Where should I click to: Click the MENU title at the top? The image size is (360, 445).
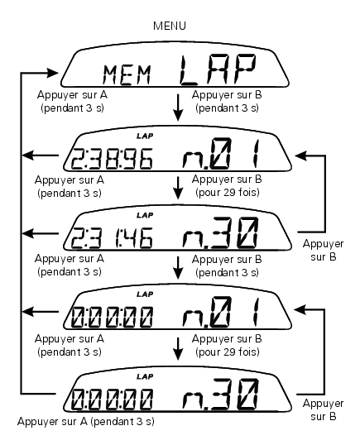[170, 26]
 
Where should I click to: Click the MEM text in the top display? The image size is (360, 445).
[127, 74]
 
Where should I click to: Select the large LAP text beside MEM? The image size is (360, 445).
[218, 70]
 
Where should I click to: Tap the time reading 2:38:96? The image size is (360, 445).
[112, 158]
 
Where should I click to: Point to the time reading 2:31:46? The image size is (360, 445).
[112, 238]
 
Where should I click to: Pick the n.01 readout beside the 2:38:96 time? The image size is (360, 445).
[221, 154]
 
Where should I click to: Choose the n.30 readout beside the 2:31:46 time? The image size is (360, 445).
[221, 232]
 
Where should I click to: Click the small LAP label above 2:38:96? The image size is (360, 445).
[145, 136]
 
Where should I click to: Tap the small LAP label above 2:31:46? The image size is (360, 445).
[145, 215]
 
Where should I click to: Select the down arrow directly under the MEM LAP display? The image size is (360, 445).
[178, 108]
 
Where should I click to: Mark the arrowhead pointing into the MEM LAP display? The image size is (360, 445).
[52, 73]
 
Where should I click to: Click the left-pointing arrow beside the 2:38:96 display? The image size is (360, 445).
[41, 156]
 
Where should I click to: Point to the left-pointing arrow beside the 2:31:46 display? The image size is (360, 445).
[41, 234]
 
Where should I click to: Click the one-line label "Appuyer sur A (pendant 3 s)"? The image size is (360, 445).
[86, 422]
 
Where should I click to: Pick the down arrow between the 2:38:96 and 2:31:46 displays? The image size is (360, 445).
[178, 188]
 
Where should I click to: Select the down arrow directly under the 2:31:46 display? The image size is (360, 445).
[178, 268]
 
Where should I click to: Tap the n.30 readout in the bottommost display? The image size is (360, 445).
[221, 395]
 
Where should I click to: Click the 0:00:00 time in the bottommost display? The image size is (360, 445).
[112, 400]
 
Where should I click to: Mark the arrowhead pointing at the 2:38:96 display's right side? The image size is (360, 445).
[301, 156]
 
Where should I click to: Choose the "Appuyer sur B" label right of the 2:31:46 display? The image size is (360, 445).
[324, 251]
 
